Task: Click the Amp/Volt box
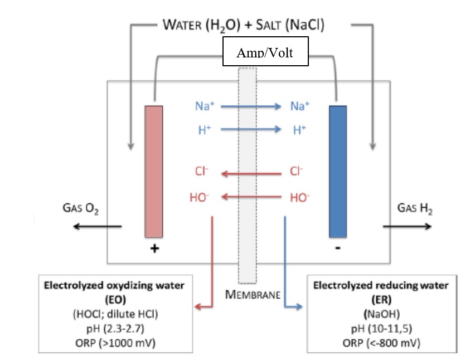pos(265,52)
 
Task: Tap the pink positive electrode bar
pos(153,172)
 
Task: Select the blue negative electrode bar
pos(338,172)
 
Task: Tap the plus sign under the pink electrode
pos(154,249)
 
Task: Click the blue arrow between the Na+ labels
pos(251,106)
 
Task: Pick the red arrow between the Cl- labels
pos(251,174)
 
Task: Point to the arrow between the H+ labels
pos(251,130)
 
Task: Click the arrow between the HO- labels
pos(251,197)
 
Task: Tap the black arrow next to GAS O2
pos(98,226)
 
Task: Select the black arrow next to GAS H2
pos(406,226)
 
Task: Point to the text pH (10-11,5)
pos(381,328)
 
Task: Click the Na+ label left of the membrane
pos(203,106)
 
